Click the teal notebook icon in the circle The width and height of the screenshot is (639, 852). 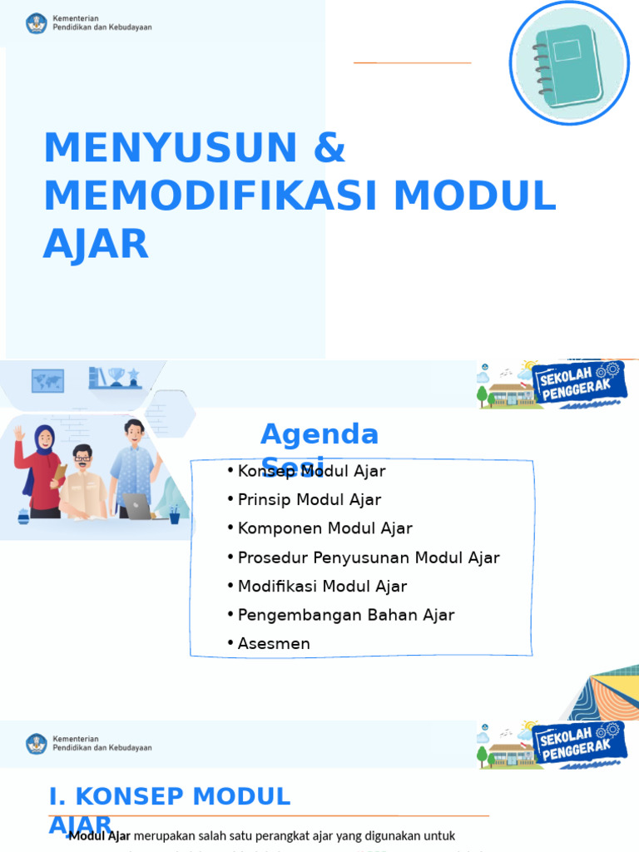(x=569, y=63)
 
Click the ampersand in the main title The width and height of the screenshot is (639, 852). (x=329, y=148)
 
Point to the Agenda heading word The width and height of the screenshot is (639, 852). (x=319, y=434)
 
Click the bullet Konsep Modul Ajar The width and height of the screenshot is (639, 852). (x=311, y=472)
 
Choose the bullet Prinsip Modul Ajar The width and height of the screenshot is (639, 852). (x=309, y=500)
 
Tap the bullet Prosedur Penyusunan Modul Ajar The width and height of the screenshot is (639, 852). (x=369, y=557)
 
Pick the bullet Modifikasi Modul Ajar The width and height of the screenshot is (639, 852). (x=322, y=587)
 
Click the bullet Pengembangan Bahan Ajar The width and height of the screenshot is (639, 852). (x=346, y=615)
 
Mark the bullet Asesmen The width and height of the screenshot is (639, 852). (x=274, y=644)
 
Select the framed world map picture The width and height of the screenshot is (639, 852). (x=47, y=380)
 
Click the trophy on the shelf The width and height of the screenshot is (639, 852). (x=116, y=378)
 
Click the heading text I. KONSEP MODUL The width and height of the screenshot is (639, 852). (x=170, y=796)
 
